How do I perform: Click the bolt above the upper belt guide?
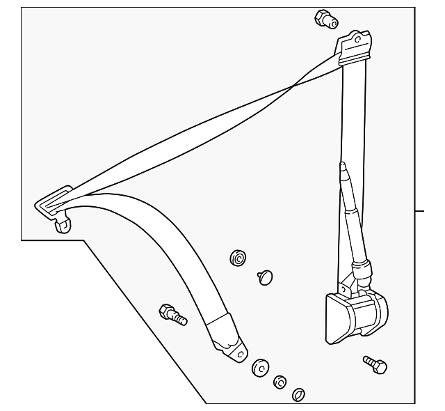click(325, 20)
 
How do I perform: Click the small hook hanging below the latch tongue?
click(63, 224)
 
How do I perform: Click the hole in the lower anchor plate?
click(240, 354)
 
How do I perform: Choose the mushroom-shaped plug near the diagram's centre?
click(265, 277)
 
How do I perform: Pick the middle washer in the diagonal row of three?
click(280, 382)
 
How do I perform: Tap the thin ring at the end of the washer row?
click(298, 395)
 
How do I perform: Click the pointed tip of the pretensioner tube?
click(342, 166)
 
